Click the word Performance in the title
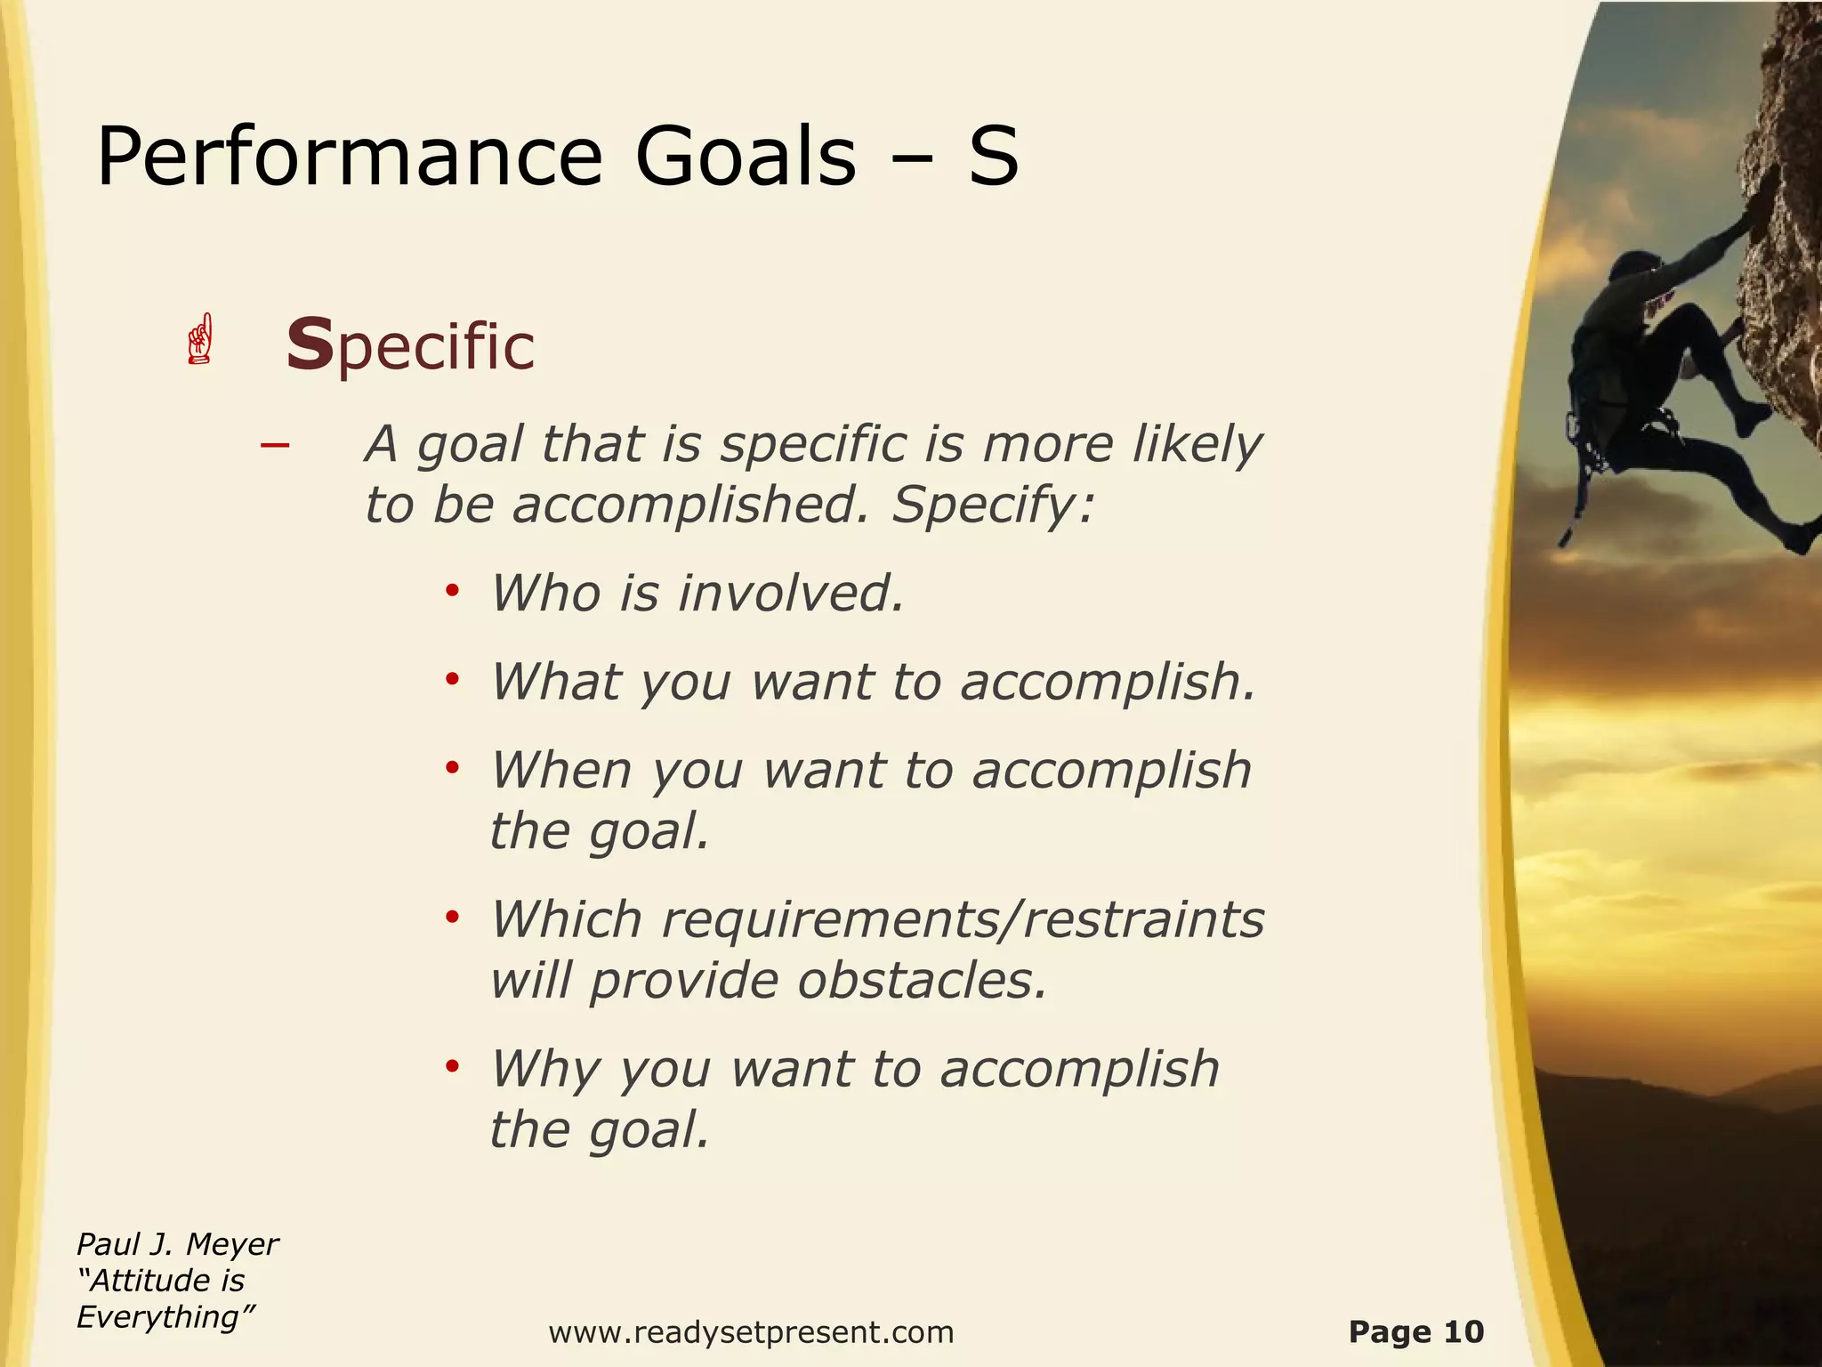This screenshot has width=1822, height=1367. [349, 157]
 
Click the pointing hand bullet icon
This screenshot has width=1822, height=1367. [201, 339]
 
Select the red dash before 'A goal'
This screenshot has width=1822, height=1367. [275, 444]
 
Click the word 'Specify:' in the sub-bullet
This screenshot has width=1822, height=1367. [992, 506]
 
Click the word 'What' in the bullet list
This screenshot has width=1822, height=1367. [555, 682]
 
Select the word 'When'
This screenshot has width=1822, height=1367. [561, 770]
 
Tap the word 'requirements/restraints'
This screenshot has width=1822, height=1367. [963, 919]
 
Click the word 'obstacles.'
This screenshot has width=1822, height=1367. [922, 981]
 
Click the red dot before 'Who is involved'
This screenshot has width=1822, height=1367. [452, 591]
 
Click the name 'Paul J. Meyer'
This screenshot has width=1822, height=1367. [177, 1244]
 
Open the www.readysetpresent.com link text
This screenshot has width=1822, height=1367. [751, 1333]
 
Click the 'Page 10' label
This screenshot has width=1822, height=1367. [1415, 1332]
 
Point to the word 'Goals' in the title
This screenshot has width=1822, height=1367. [746, 157]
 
